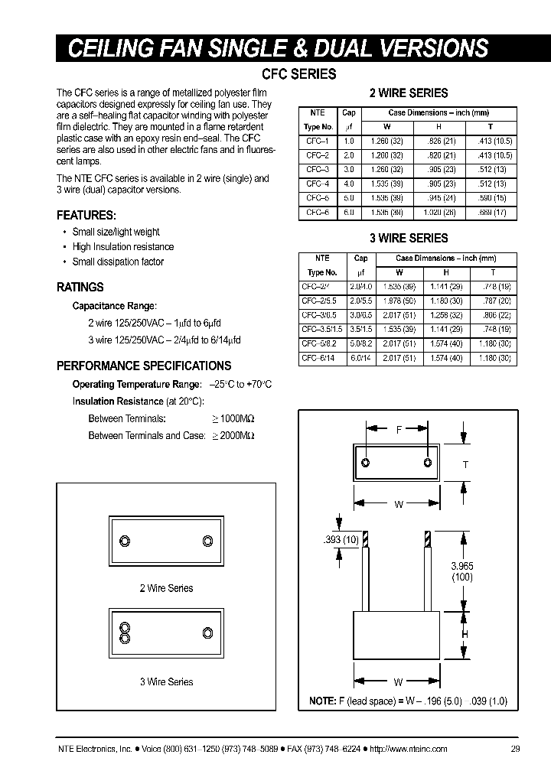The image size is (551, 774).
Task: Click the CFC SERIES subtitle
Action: (298, 74)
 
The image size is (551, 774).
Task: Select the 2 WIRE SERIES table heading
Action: (409, 93)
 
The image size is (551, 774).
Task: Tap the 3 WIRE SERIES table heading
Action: (409, 238)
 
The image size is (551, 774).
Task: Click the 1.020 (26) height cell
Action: (441, 212)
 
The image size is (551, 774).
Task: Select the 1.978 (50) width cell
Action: (399, 301)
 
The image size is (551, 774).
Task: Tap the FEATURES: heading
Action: (86, 216)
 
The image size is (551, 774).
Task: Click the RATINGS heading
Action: (80, 288)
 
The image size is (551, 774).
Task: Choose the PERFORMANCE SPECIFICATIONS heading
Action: (144, 366)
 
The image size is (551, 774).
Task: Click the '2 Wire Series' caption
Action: (166, 588)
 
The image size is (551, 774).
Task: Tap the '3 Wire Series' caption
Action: (166, 681)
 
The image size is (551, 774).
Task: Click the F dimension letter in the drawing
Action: (398, 430)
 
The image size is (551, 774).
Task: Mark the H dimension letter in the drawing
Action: (465, 633)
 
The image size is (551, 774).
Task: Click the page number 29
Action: (515, 749)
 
